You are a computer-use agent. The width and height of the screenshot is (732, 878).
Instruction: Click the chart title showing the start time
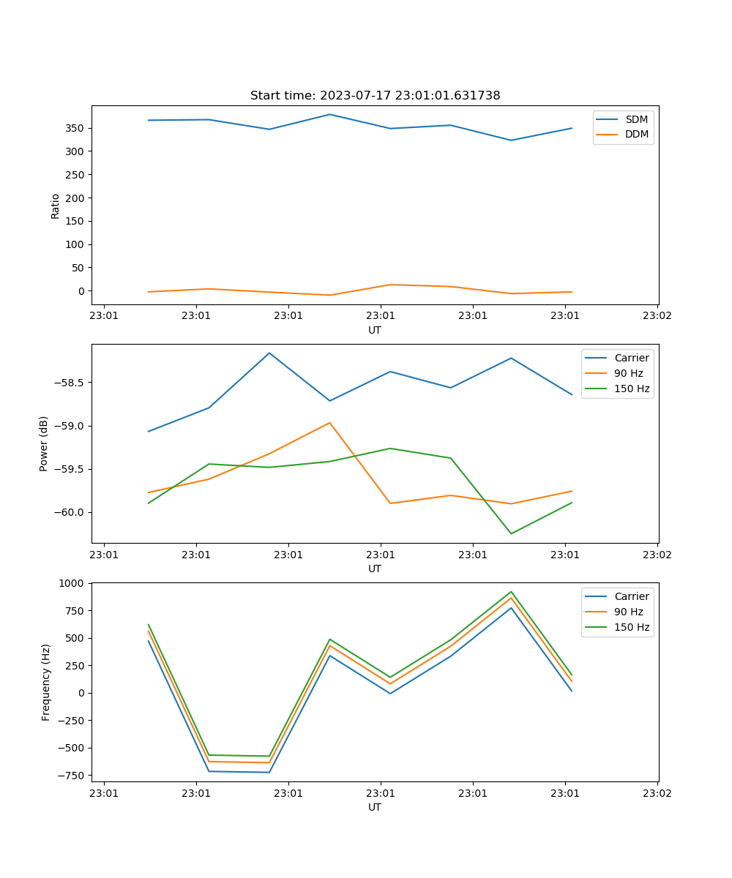(x=375, y=96)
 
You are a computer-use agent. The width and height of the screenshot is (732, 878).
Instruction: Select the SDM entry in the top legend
(x=636, y=119)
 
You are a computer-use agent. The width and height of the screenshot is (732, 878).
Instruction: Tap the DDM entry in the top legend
(x=636, y=134)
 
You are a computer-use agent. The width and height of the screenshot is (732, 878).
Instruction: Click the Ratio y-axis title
(x=56, y=206)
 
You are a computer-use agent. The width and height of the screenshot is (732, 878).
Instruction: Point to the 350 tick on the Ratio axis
(x=76, y=128)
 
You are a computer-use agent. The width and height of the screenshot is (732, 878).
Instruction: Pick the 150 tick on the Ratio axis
(x=76, y=221)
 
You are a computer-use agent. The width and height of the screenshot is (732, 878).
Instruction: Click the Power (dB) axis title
(x=44, y=443)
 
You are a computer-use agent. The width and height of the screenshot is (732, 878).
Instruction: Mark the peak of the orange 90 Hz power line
(x=329, y=422)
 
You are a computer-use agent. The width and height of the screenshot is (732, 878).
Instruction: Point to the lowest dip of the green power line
(x=511, y=533)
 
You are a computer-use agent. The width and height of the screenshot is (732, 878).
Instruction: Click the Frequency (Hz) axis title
(x=45, y=682)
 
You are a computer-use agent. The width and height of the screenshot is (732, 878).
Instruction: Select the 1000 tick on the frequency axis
(x=75, y=583)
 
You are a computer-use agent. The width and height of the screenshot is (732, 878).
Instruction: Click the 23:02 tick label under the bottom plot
(x=657, y=792)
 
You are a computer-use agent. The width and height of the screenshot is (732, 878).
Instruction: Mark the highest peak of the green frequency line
(x=511, y=591)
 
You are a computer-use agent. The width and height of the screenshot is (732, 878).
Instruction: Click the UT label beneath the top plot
(x=375, y=330)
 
